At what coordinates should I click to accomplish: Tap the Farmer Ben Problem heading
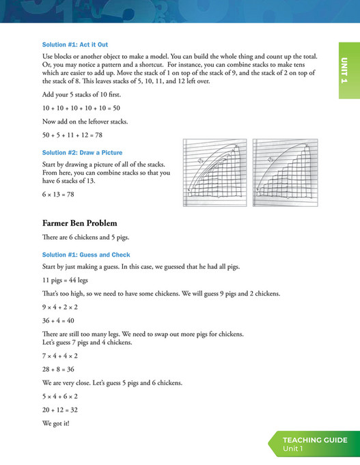tap(79, 223)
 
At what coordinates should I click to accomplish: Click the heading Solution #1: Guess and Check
tap(86, 254)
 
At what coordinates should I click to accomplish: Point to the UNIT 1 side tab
tap(348, 70)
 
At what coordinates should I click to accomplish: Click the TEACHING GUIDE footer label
tap(315, 440)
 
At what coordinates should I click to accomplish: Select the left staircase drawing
tap(214, 173)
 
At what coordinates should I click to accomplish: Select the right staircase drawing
tap(283, 173)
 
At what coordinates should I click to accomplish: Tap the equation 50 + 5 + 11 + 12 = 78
tap(76, 135)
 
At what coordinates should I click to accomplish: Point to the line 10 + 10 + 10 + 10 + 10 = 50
tap(81, 108)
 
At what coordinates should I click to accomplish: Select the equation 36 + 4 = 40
tap(59, 320)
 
